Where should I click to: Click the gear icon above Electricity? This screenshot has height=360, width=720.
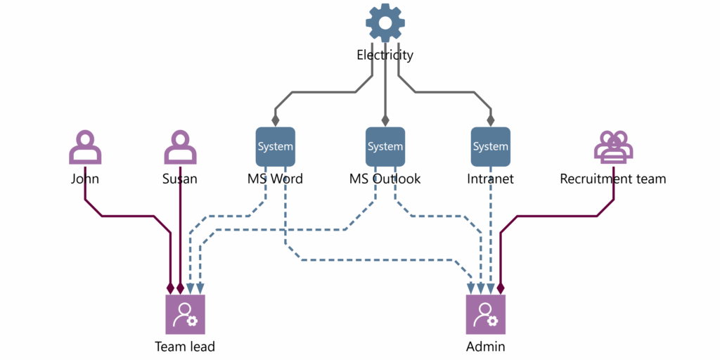tap(385, 23)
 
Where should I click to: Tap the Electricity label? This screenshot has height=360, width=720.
tap(385, 55)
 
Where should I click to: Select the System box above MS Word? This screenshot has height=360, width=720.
tap(275, 146)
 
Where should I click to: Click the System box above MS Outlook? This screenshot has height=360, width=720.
tap(385, 146)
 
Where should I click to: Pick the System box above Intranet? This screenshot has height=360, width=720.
tap(490, 146)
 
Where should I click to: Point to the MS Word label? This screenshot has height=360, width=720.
tap(275, 179)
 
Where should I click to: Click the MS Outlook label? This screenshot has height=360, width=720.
tap(385, 179)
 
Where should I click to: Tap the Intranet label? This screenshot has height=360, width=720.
tap(490, 179)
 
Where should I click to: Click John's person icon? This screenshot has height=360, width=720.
tap(85, 147)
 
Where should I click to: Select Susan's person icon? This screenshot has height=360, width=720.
tap(180, 147)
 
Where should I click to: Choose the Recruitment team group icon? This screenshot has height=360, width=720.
tap(613, 147)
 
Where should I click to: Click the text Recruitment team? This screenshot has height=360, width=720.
tap(612, 179)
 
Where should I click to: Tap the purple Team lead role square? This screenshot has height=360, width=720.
tap(185, 314)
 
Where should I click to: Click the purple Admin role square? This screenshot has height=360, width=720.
tap(486, 314)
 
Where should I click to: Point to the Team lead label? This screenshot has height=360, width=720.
tap(185, 346)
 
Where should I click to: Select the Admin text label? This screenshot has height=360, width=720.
tap(486, 346)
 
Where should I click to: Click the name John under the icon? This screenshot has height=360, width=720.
tap(85, 179)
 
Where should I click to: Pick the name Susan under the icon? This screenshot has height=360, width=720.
tap(180, 179)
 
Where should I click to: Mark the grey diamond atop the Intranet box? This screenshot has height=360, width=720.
tap(490, 120)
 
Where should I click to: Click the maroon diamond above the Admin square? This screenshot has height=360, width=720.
tap(501, 288)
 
